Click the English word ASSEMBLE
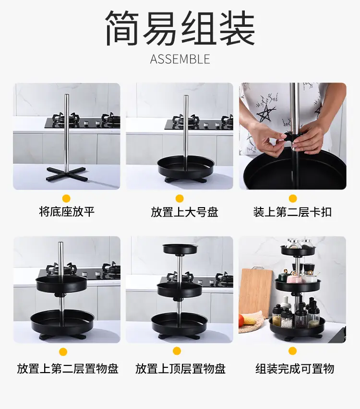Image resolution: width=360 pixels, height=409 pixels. tap(180, 59)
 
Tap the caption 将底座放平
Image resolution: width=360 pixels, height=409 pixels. tap(67, 212)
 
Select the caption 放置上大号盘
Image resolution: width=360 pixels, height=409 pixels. tap(184, 212)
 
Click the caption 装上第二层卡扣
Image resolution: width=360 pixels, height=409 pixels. tap(292, 212)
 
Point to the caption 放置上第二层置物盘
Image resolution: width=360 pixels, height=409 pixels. tap(68, 369)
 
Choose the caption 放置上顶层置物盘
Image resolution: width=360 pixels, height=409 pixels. tap(180, 369)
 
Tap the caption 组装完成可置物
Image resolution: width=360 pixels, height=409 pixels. tap(295, 369)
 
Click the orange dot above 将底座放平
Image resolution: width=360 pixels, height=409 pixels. tap(66, 199)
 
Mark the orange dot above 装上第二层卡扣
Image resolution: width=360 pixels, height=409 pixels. tap(293, 199)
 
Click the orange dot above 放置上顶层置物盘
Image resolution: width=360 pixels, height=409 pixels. tap(177, 351)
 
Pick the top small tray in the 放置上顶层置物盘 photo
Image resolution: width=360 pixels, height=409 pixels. tap(180, 249)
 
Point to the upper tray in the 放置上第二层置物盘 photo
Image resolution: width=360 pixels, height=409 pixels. tap(61, 284)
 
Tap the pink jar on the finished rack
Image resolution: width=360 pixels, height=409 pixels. tap(294, 278)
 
